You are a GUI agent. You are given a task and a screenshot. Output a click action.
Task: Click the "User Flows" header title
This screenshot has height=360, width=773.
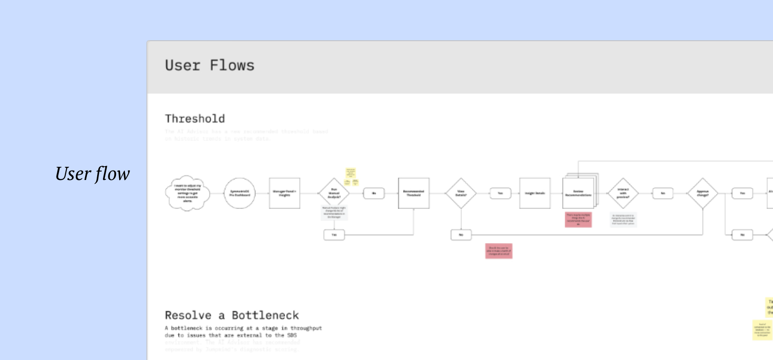(x=210, y=66)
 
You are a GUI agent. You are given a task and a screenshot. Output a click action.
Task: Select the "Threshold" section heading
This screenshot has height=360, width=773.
(x=195, y=119)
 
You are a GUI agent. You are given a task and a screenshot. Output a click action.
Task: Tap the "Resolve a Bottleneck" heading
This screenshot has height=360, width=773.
(x=232, y=315)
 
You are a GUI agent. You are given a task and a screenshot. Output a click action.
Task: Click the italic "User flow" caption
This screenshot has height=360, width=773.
(x=92, y=174)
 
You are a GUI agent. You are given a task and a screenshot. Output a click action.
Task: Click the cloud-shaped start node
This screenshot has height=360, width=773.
(x=188, y=193)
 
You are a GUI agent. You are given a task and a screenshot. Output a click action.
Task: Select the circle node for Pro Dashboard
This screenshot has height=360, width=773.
(x=240, y=193)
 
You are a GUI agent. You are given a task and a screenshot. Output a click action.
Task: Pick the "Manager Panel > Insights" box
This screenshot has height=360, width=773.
(x=284, y=193)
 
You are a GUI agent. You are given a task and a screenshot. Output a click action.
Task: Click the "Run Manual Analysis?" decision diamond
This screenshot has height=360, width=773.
(x=334, y=193)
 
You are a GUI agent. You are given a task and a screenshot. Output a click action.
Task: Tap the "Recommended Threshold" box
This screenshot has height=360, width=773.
(x=414, y=193)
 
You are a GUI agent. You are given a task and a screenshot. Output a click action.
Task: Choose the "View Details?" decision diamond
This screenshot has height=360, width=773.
(x=461, y=193)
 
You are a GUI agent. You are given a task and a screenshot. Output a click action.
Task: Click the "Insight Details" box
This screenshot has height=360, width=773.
(x=535, y=193)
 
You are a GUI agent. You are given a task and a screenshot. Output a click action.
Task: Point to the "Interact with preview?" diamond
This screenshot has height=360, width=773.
(x=623, y=193)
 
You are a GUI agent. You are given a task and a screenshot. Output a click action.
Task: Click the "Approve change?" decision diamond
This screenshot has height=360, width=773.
(x=703, y=193)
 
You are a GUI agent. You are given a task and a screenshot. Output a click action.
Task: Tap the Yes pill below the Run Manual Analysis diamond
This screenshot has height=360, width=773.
(x=334, y=235)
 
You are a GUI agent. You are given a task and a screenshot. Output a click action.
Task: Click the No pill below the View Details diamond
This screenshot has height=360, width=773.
(x=461, y=235)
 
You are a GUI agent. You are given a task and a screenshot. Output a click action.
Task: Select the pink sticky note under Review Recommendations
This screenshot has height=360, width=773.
(x=578, y=219)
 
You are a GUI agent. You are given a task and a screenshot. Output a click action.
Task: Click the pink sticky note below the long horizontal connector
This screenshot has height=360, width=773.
(x=498, y=251)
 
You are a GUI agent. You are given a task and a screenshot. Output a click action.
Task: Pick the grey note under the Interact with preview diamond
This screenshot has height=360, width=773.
(x=623, y=219)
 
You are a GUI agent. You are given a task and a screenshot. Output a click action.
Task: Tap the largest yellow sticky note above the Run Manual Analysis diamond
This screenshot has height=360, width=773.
(x=351, y=173)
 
